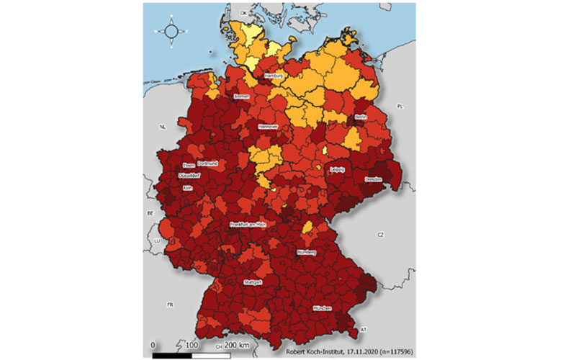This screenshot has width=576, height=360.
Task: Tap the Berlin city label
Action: click(x=361, y=117)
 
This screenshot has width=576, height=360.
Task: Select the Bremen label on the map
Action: click(x=240, y=96)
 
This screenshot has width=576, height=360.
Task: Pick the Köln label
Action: click(x=188, y=188)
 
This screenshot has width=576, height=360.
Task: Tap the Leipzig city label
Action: click(x=336, y=169)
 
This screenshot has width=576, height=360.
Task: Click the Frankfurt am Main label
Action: click(x=248, y=225)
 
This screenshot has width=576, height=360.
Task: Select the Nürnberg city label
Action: click(x=307, y=253)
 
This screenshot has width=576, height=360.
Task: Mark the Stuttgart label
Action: click(x=254, y=282)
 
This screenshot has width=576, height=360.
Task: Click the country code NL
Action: click(x=163, y=126)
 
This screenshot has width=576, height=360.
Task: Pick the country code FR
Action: click(x=170, y=305)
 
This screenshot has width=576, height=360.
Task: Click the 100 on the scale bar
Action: click(x=191, y=346)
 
